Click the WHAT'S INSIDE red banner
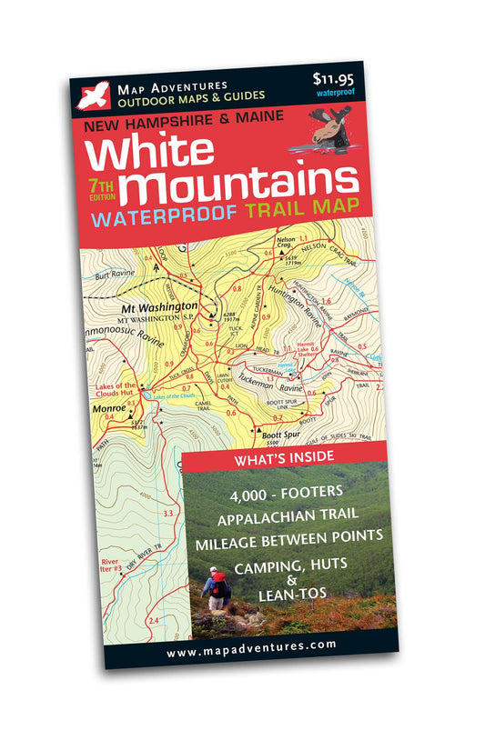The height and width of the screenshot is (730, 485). tap(284, 460)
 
